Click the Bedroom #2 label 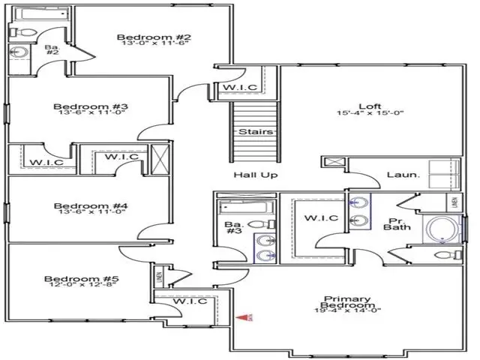click(155, 37)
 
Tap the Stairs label click(250, 132)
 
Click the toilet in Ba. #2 click(19, 31)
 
